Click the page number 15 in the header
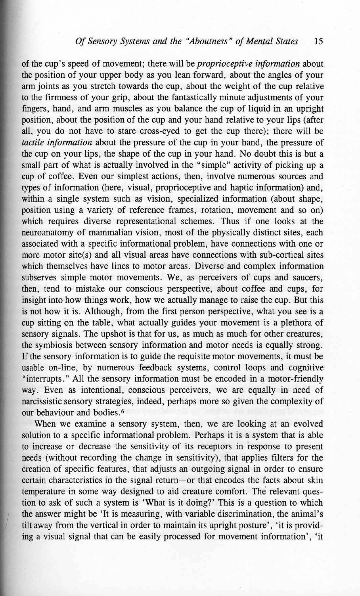(x=319, y=42)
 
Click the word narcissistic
(x=43, y=401)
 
